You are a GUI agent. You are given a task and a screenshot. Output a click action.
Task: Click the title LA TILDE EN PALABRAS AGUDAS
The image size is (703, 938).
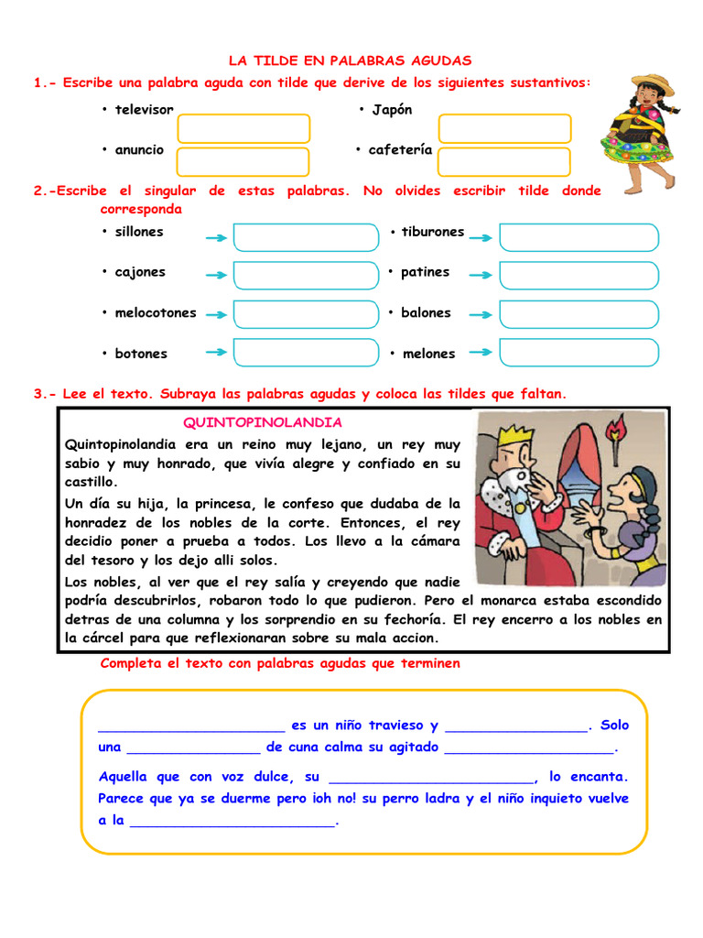click(350, 60)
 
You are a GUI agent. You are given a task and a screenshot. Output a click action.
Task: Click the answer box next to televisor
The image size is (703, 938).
click(243, 128)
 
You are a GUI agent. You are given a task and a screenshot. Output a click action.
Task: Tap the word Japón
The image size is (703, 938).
click(392, 110)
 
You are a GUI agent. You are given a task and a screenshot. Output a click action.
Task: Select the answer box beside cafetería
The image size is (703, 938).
click(504, 162)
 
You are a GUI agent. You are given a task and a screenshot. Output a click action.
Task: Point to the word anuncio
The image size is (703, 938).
click(139, 149)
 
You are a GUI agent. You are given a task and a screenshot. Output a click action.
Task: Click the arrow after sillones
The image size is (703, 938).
click(217, 238)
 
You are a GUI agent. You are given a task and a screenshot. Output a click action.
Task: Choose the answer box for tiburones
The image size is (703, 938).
click(579, 236)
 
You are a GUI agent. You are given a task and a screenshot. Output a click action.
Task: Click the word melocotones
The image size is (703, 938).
click(156, 312)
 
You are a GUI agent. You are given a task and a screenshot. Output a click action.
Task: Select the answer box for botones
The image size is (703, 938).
click(306, 353)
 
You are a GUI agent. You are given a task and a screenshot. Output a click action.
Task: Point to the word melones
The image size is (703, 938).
click(428, 354)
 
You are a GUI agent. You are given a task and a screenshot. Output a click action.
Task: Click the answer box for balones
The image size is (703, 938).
click(579, 313)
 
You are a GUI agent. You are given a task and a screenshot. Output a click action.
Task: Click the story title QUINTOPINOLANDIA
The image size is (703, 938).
click(263, 422)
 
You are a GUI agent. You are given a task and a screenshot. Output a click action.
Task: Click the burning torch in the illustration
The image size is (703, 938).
click(615, 431)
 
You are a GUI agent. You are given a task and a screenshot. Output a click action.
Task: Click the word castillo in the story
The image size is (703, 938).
click(92, 481)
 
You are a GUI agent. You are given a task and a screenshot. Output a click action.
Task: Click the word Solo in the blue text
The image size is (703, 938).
click(615, 725)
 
